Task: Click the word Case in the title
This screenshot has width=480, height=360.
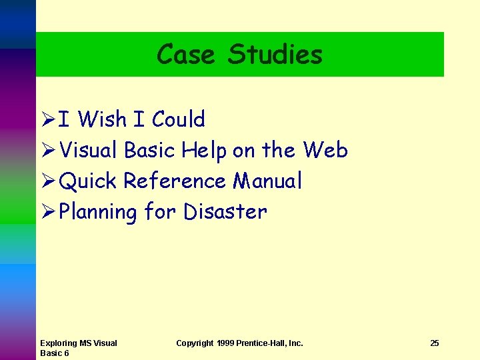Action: pos(185,54)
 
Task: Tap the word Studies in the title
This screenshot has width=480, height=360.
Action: pos(275,54)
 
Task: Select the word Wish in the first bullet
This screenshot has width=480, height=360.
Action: pos(102,119)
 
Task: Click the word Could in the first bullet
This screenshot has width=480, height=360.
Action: pos(178,119)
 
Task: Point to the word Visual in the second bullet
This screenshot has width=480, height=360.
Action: pos(89,150)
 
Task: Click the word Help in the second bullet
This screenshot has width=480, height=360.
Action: pos(204,151)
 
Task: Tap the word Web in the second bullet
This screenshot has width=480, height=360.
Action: pos(325,150)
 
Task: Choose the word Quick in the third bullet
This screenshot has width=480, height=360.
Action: pos(87,181)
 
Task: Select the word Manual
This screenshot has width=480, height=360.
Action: pos(267,181)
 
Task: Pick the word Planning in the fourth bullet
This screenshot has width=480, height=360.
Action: pos(98,212)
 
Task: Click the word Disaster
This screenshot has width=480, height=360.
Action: pos(225,211)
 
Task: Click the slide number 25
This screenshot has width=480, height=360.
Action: pos(435,343)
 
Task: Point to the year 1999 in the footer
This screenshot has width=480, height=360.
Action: pos(225,343)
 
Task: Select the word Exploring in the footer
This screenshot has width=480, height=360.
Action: pos(59,343)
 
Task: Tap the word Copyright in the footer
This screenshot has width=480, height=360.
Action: pos(195,343)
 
